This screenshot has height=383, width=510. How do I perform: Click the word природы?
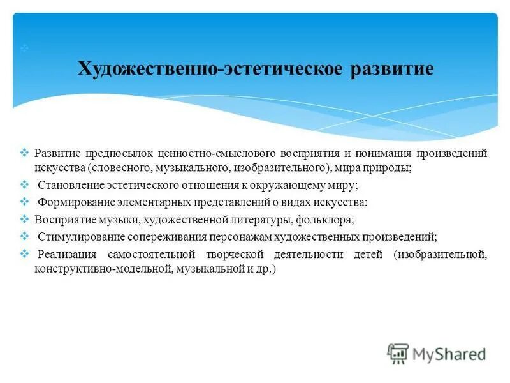click(391, 169)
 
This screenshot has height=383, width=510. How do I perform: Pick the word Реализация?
click(65, 254)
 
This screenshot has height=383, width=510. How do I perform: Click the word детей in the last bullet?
click(365, 254)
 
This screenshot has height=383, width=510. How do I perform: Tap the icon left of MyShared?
click(398, 354)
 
